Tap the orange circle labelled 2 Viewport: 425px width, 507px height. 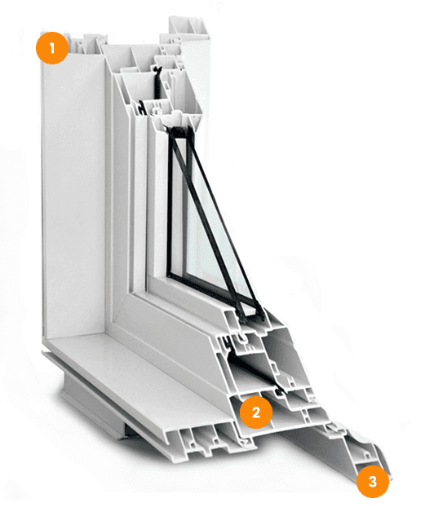256,412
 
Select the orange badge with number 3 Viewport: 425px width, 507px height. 373,481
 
